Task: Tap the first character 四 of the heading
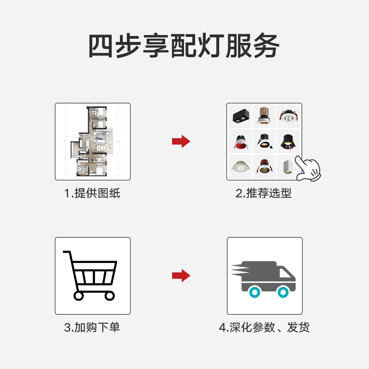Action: click(102, 46)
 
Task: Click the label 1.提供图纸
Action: click(92, 193)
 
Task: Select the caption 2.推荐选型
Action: click(264, 193)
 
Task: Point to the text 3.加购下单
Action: click(92, 327)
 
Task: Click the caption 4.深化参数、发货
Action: click(264, 327)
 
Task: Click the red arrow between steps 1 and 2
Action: click(181, 142)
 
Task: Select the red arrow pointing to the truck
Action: click(181, 276)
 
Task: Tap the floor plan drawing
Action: click(92, 142)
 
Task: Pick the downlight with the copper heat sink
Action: click(264, 117)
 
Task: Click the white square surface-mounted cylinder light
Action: click(287, 167)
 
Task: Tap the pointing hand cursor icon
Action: click(308, 169)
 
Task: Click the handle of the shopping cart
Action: click(67, 252)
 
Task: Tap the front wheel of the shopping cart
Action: click(109, 296)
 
